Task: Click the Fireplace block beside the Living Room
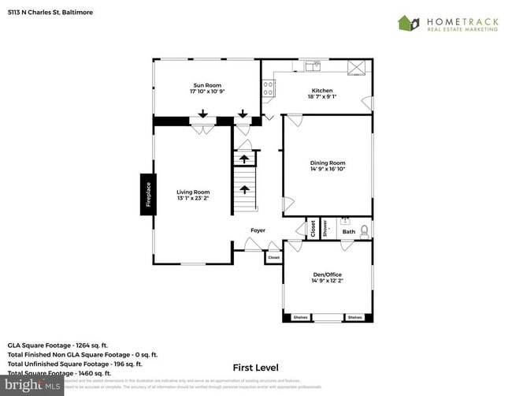(x=147, y=193)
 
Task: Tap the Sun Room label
(x=207, y=84)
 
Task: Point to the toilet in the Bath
(x=364, y=231)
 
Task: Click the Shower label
(x=325, y=228)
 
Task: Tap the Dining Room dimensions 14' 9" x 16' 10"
(x=328, y=169)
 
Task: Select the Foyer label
(x=258, y=230)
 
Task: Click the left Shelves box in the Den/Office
(x=300, y=317)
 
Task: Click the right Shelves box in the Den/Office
(x=354, y=317)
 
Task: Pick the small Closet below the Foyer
(x=273, y=257)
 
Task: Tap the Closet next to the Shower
(x=313, y=228)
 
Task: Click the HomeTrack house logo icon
(x=407, y=23)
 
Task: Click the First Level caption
(x=256, y=368)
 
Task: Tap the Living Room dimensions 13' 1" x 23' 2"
(x=193, y=198)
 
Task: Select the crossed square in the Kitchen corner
(x=356, y=67)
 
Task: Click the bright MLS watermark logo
(x=32, y=387)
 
